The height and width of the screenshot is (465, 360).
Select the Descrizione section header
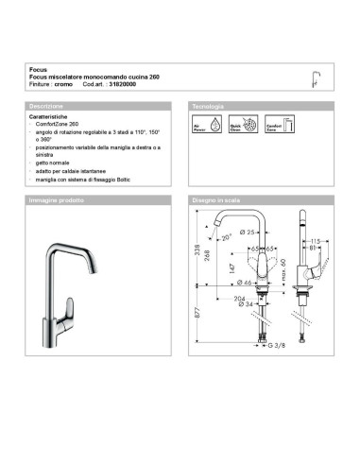coord(46,105)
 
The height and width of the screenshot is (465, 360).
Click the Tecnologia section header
coord(208,105)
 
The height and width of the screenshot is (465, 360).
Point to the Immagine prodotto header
coord(56,201)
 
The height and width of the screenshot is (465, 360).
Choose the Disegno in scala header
coord(218,201)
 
